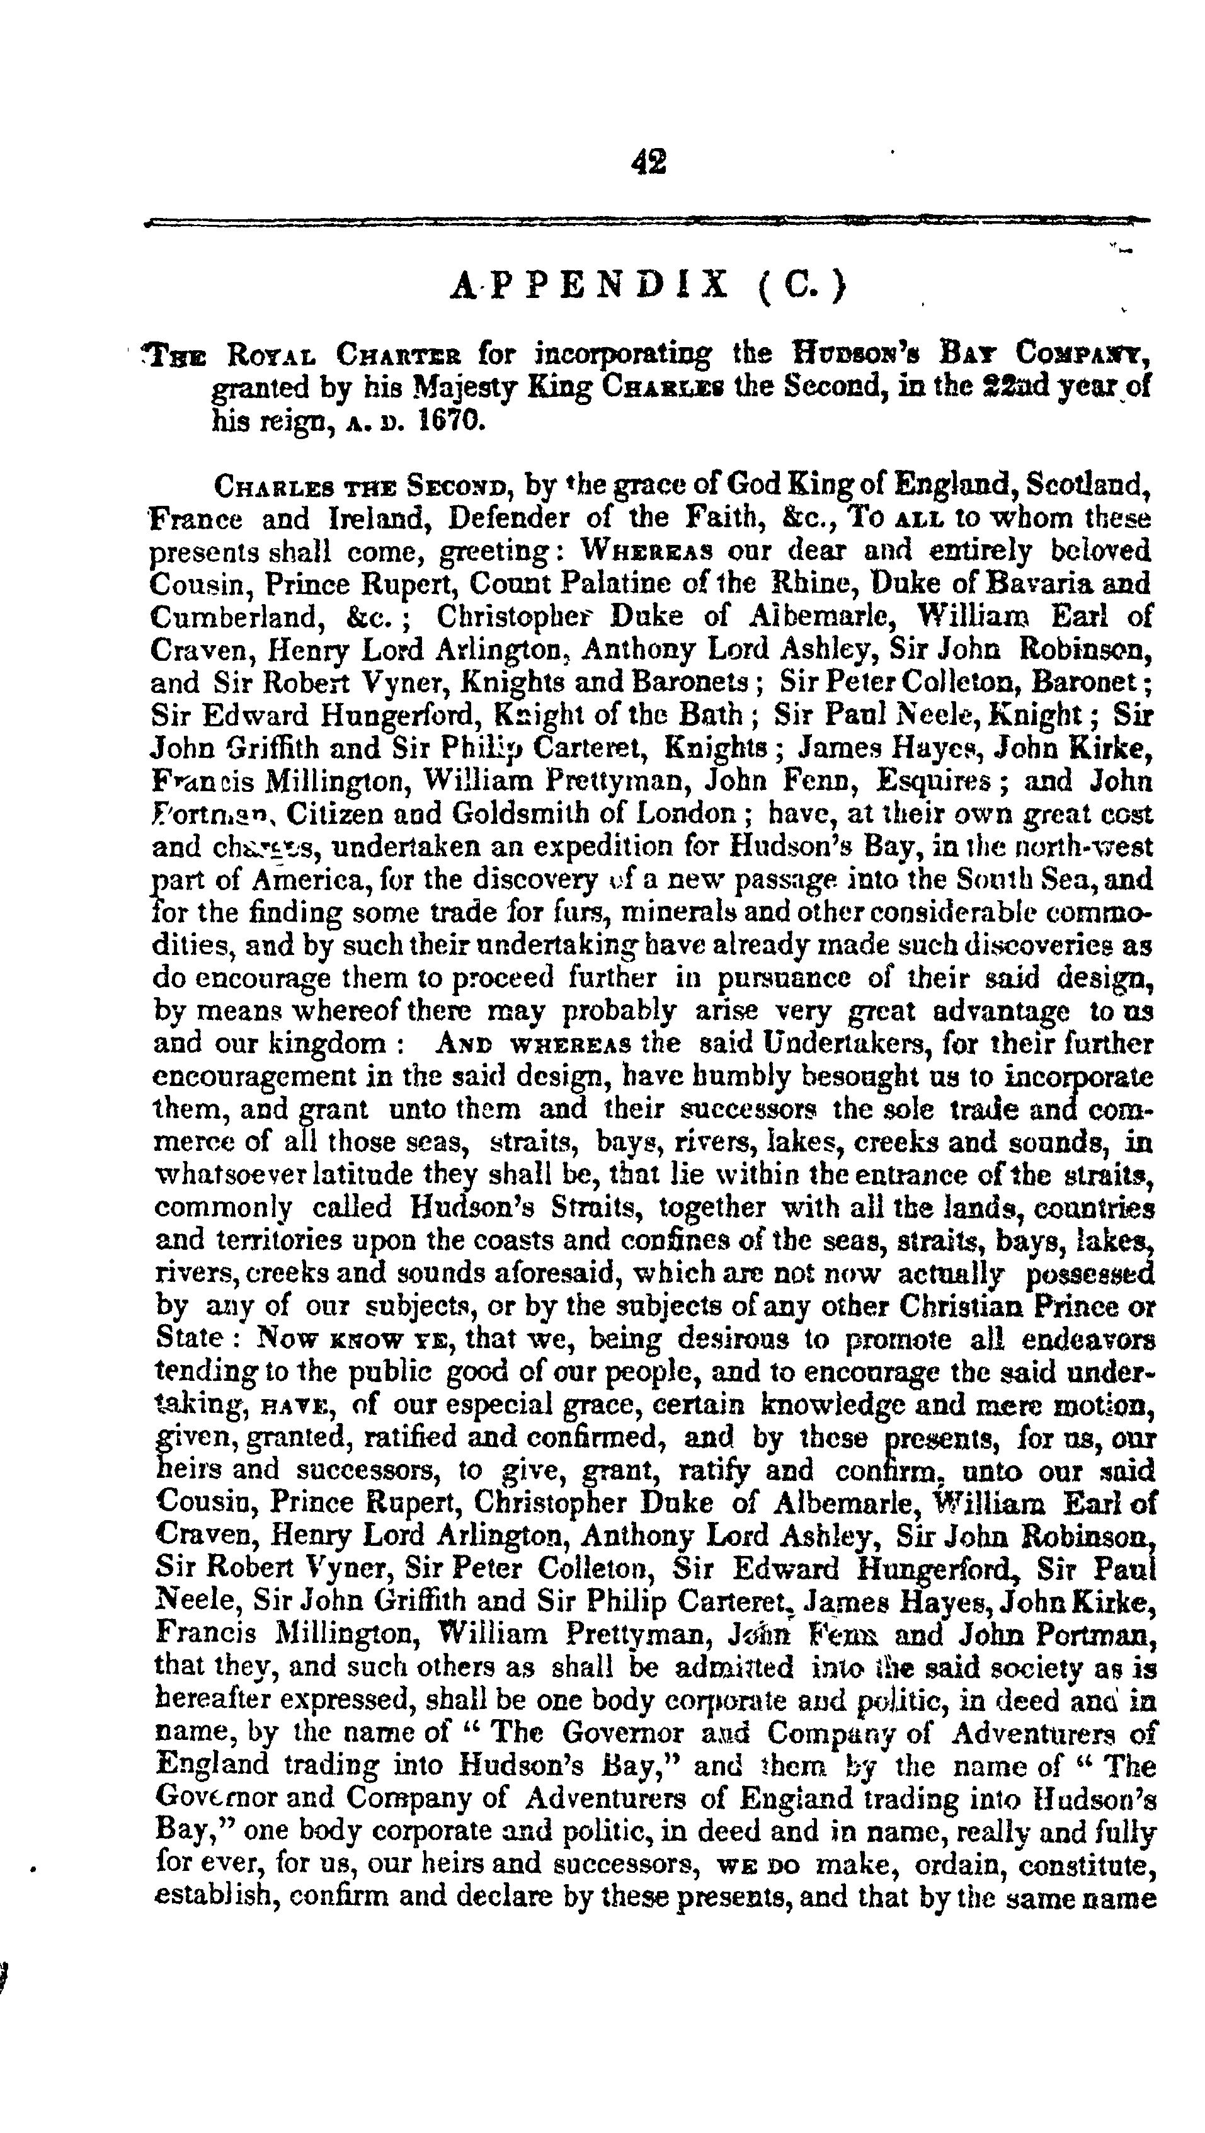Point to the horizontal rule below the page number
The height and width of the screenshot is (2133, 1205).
647,221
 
